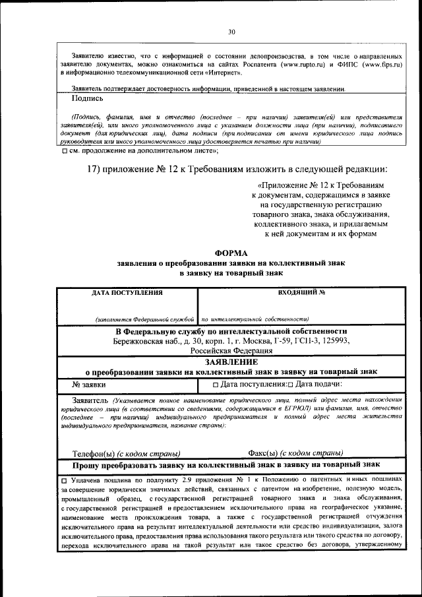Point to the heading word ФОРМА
pyautogui.click(x=231, y=253)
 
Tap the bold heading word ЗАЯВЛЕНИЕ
pyautogui.click(x=231, y=361)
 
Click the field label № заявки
pyautogui.click(x=88, y=383)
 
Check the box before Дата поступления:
pyautogui.click(x=216, y=384)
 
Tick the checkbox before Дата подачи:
pyautogui.click(x=290, y=384)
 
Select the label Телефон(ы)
pyautogui.click(x=94, y=453)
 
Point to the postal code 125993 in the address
pyautogui.click(x=334, y=341)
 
